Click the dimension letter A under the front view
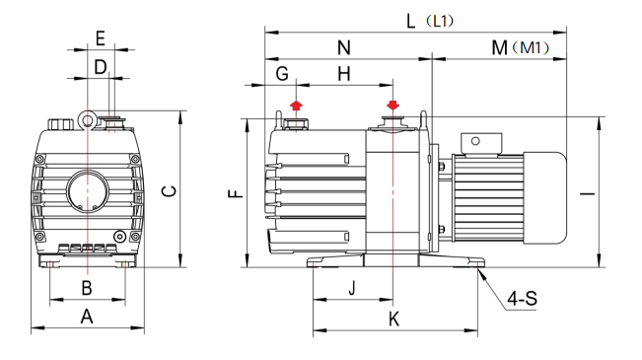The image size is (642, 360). (x=87, y=317)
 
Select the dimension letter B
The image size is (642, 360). (x=87, y=288)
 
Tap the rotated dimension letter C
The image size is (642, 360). (x=169, y=191)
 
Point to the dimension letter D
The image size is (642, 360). (x=101, y=67)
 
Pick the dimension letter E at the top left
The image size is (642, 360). (x=101, y=38)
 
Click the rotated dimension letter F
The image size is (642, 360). (x=236, y=193)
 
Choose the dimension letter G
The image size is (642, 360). (x=282, y=74)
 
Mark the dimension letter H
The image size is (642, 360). (x=344, y=74)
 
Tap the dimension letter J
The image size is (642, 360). (x=352, y=288)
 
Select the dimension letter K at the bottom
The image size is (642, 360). (x=393, y=319)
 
